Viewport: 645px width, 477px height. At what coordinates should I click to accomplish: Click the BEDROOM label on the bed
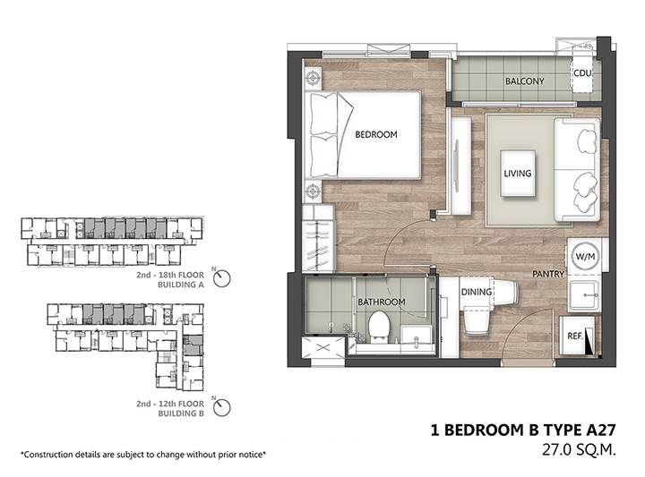tap(376, 134)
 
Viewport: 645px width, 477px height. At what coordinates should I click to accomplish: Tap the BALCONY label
tap(524, 81)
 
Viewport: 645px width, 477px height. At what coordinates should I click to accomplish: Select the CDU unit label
tap(582, 73)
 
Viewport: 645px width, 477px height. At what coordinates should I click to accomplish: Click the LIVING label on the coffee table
tap(518, 174)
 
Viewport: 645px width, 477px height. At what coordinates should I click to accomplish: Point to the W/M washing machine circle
tap(585, 256)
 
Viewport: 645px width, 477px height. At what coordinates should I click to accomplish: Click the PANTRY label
tap(548, 274)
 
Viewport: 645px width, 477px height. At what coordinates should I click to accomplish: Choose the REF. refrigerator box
tap(577, 336)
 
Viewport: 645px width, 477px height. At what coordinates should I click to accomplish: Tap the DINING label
tap(477, 292)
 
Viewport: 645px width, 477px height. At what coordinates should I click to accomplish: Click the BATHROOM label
tap(382, 302)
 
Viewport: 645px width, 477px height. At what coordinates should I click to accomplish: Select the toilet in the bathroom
tap(379, 328)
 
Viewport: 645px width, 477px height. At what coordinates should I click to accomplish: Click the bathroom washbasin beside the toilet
tap(417, 337)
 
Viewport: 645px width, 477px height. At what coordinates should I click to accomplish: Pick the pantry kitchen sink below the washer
tap(584, 295)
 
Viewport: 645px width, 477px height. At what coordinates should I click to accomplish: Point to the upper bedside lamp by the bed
tap(313, 77)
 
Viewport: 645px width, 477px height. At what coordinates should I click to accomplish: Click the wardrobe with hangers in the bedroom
tap(317, 239)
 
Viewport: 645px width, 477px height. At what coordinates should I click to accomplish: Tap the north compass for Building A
tap(222, 278)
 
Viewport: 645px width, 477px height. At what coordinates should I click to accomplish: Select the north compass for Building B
tap(221, 407)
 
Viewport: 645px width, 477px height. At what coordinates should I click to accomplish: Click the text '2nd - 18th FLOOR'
tap(170, 275)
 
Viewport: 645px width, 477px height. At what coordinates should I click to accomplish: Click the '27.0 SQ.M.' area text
tap(579, 450)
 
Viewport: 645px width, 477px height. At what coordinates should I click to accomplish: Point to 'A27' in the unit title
tap(600, 430)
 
